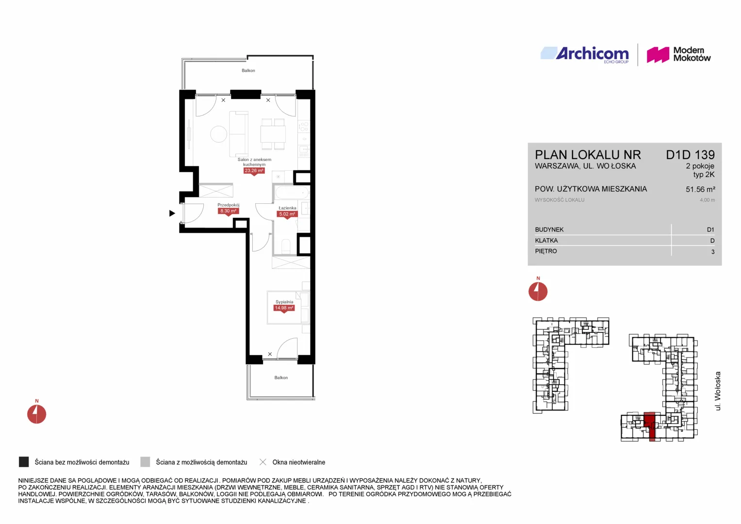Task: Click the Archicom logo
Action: point(585,54)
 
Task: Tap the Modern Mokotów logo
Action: point(678,54)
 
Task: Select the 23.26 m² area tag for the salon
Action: point(254,171)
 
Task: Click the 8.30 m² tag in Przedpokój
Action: point(228,211)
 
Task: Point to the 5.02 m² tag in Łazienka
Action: point(287,214)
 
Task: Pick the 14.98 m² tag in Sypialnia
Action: point(284,308)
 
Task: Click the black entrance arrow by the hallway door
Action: point(172,213)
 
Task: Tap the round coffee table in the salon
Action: point(219,134)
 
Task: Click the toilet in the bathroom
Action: point(286,246)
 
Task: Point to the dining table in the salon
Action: point(273,134)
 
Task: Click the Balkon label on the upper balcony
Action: point(248,70)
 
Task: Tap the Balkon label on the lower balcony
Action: point(281,377)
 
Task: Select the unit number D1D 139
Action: point(691,155)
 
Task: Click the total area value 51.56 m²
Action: point(700,189)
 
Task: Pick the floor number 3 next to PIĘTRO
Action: point(713,252)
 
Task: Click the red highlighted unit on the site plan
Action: point(650,426)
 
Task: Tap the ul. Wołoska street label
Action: point(718,391)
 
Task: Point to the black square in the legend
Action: point(24,462)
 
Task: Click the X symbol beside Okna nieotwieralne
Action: point(263,462)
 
